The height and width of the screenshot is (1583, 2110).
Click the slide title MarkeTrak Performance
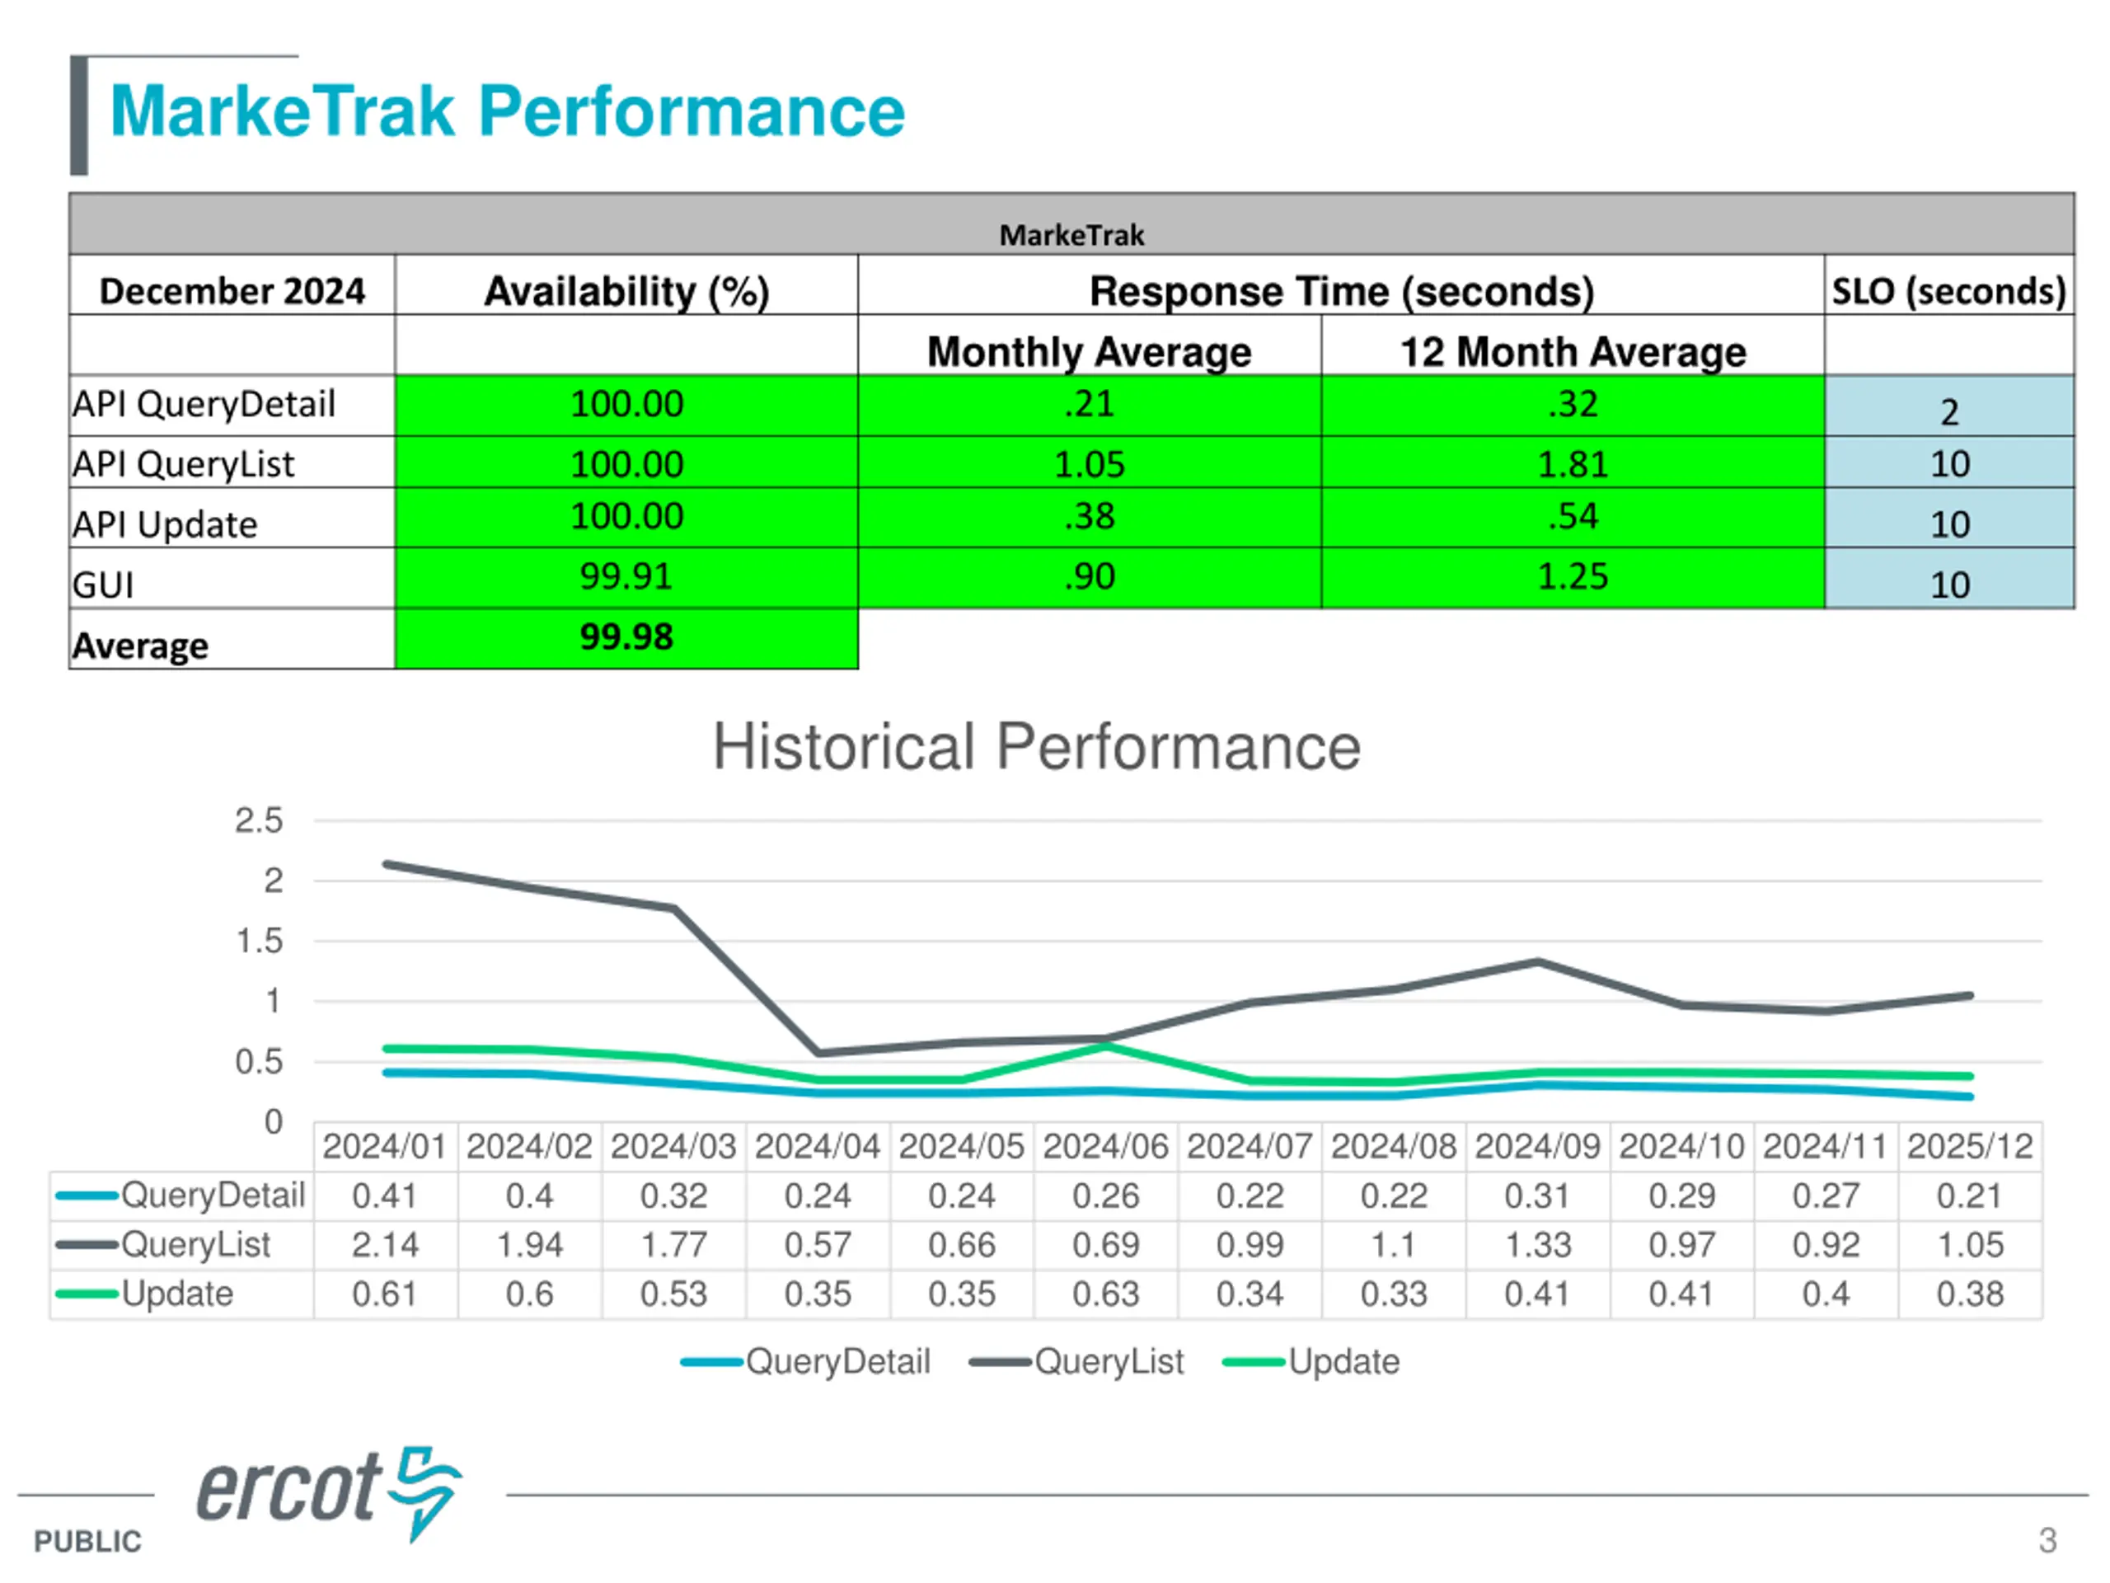pyautogui.click(x=508, y=111)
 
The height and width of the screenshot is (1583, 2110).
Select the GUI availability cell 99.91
pyautogui.click(x=626, y=576)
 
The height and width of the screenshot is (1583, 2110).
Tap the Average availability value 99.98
pyautogui.click(x=626, y=636)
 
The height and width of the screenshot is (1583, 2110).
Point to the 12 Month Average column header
pyautogui.click(x=1572, y=351)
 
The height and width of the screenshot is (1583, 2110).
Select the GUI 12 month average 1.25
pyautogui.click(x=1572, y=576)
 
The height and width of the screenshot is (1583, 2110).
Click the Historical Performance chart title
pyautogui.click(x=1037, y=746)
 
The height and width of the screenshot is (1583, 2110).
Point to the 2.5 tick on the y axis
pyautogui.click(x=259, y=820)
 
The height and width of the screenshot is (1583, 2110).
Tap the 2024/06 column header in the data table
pyautogui.click(x=1105, y=1146)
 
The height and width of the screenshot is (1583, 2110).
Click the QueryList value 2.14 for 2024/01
pyautogui.click(x=384, y=1244)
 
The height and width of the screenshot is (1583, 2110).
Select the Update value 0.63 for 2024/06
pyautogui.click(x=1105, y=1294)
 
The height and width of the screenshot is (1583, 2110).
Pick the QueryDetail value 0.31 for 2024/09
pyautogui.click(x=1538, y=1195)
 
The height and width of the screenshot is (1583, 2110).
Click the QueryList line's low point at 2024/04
pyautogui.click(x=818, y=1053)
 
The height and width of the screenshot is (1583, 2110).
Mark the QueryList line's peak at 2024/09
pyautogui.click(x=1539, y=962)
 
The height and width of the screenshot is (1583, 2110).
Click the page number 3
pyautogui.click(x=2047, y=1540)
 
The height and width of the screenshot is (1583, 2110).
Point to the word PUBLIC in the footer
pyautogui.click(x=87, y=1541)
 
